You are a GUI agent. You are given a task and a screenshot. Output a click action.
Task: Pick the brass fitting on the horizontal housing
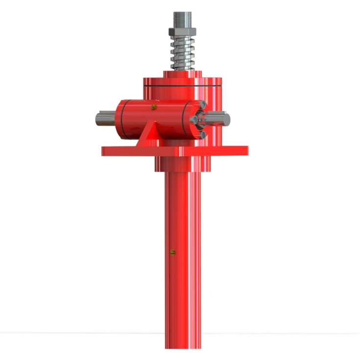click(x=154, y=106)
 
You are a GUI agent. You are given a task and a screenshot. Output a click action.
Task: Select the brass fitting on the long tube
click(x=172, y=253)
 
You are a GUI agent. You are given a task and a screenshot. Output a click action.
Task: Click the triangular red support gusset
click(x=148, y=136)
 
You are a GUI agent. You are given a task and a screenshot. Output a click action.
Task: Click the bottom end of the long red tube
click(x=182, y=343)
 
